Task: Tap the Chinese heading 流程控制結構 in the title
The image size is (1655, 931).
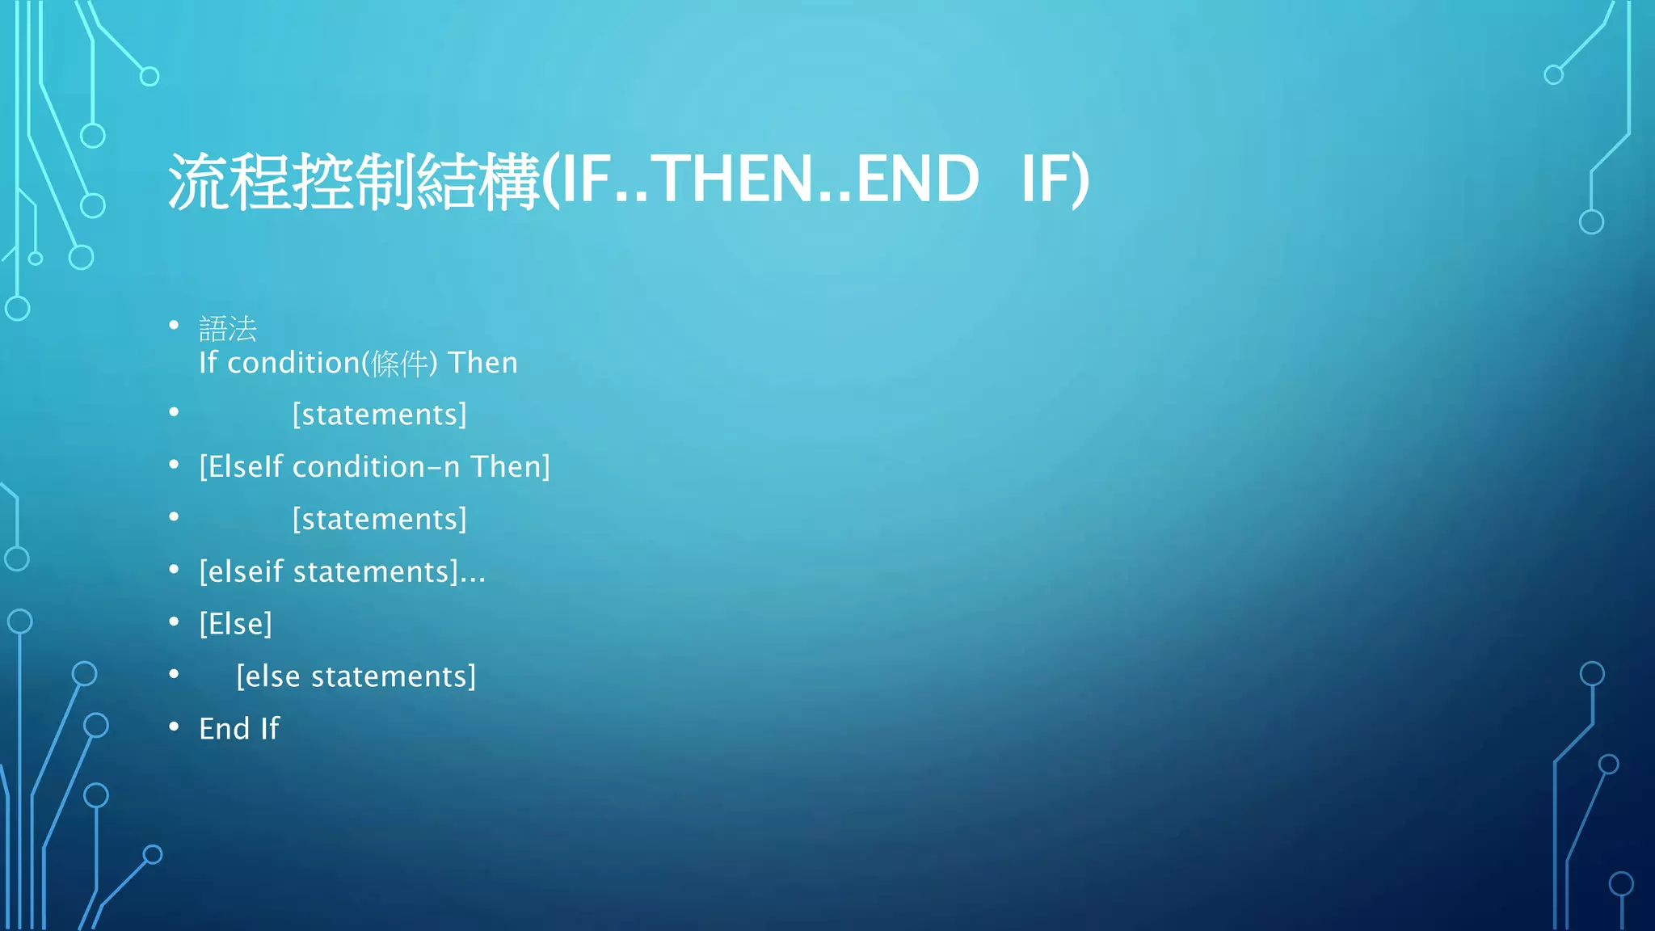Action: [x=354, y=181]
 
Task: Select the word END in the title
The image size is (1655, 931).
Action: [x=916, y=179]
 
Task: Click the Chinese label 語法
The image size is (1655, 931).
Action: [x=228, y=329]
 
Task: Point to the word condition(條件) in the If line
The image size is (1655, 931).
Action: [x=332, y=364]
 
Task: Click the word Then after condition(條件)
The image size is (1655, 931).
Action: [x=482, y=364]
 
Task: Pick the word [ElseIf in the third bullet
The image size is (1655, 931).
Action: [x=242, y=467]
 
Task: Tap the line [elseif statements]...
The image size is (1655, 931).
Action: [x=342, y=572]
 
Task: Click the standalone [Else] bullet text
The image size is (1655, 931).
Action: [x=235, y=624]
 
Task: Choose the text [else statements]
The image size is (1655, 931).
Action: [x=356, y=676]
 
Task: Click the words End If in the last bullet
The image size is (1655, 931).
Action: [x=239, y=729]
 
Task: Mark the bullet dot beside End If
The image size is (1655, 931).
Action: [x=174, y=727]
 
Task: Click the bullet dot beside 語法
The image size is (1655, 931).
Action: [x=174, y=326]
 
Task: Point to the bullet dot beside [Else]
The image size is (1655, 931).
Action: [x=174, y=622]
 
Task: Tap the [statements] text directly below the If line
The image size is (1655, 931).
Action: [x=379, y=415]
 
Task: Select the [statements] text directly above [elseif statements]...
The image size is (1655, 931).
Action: [x=379, y=520]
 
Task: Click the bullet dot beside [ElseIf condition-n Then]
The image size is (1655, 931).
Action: [x=174, y=465]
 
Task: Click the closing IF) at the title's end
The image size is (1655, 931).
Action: [x=1055, y=179]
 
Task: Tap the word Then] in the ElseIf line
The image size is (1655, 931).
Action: [x=511, y=467]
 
